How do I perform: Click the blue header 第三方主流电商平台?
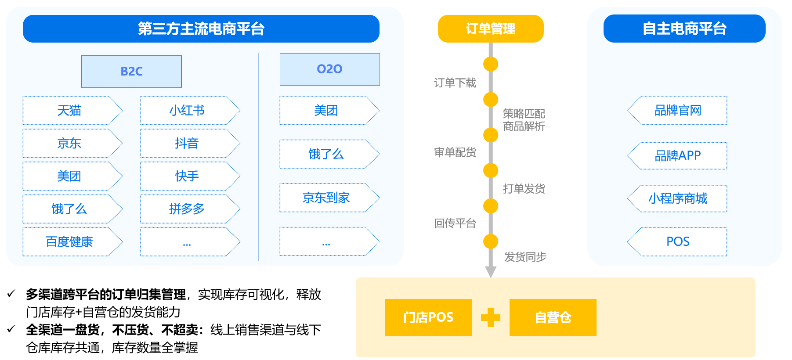[201, 29]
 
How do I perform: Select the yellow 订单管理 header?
[490, 29]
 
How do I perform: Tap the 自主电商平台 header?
[684, 29]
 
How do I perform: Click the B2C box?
[131, 72]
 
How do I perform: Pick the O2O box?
[329, 69]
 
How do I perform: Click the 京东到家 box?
[326, 198]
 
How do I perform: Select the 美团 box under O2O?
[326, 110]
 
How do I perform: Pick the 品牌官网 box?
[678, 110]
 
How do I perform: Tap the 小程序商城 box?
[678, 198]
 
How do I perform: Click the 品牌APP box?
[678, 155]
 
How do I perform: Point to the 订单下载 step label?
[455, 83]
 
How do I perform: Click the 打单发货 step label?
[524, 189]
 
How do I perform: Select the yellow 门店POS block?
[428, 317]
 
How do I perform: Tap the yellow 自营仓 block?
[553, 317]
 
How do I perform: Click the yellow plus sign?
[491, 317]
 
